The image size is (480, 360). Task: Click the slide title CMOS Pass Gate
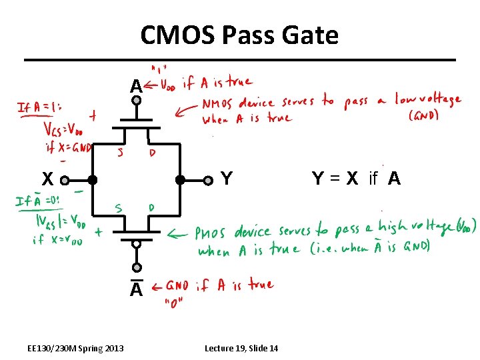tap(239, 35)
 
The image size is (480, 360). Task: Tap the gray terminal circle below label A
tap(136, 101)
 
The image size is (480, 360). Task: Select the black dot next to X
tap(93, 180)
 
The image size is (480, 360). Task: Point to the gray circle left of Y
tap(209, 179)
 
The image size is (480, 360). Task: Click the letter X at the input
tap(47, 179)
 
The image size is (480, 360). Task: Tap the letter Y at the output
tap(227, 179)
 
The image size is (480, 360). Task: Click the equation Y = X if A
tap(356, 179)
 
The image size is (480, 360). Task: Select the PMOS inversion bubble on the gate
tap(136, 245)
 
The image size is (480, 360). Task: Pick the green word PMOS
tap(213, 233)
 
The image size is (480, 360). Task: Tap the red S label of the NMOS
tap(120, 151)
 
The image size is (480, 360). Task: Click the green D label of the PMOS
tap(151, 208)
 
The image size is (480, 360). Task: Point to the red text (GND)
tap(425, 115)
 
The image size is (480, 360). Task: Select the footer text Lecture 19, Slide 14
tap(241, 349)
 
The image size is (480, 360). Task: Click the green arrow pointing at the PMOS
tap(178, 234)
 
